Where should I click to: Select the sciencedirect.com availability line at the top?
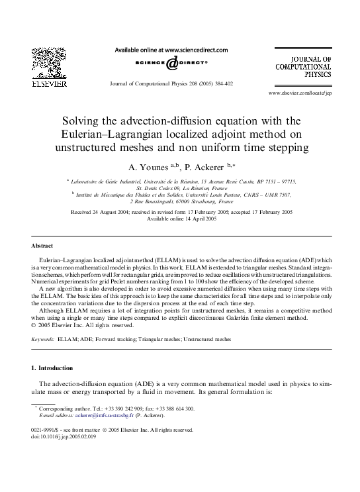pos(171,50)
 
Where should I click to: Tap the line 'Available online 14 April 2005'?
pos(179,219)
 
